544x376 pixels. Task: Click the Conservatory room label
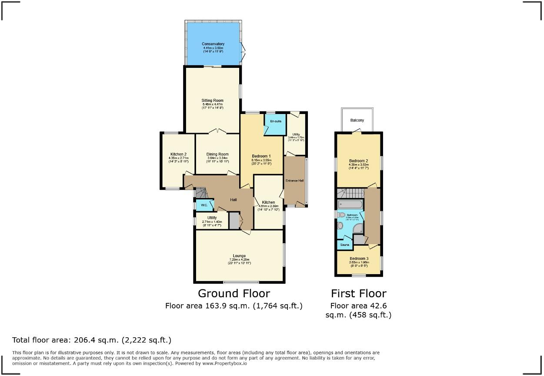[x=213, y=44]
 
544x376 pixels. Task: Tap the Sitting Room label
[x=212, y=101]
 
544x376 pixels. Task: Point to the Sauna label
[x=344, y=245]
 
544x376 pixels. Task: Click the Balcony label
[x=357, y=120]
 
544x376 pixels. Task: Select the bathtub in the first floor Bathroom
[x=350, y=204]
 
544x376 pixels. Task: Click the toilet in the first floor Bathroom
[x=341, y=215]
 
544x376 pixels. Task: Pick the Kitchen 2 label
[x=178, y=154]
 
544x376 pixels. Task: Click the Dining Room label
[x=217, y=154]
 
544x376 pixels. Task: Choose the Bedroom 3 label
[x=359, y=259]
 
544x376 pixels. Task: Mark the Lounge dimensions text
[x=239, y=261]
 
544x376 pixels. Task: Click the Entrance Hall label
[x=294, y=181]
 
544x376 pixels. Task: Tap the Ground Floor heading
[x=234, y=293]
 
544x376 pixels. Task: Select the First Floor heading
[x=358, y=293]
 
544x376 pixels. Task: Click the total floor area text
[x=92, y=340]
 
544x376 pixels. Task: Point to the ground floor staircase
[x=200, y=192]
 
